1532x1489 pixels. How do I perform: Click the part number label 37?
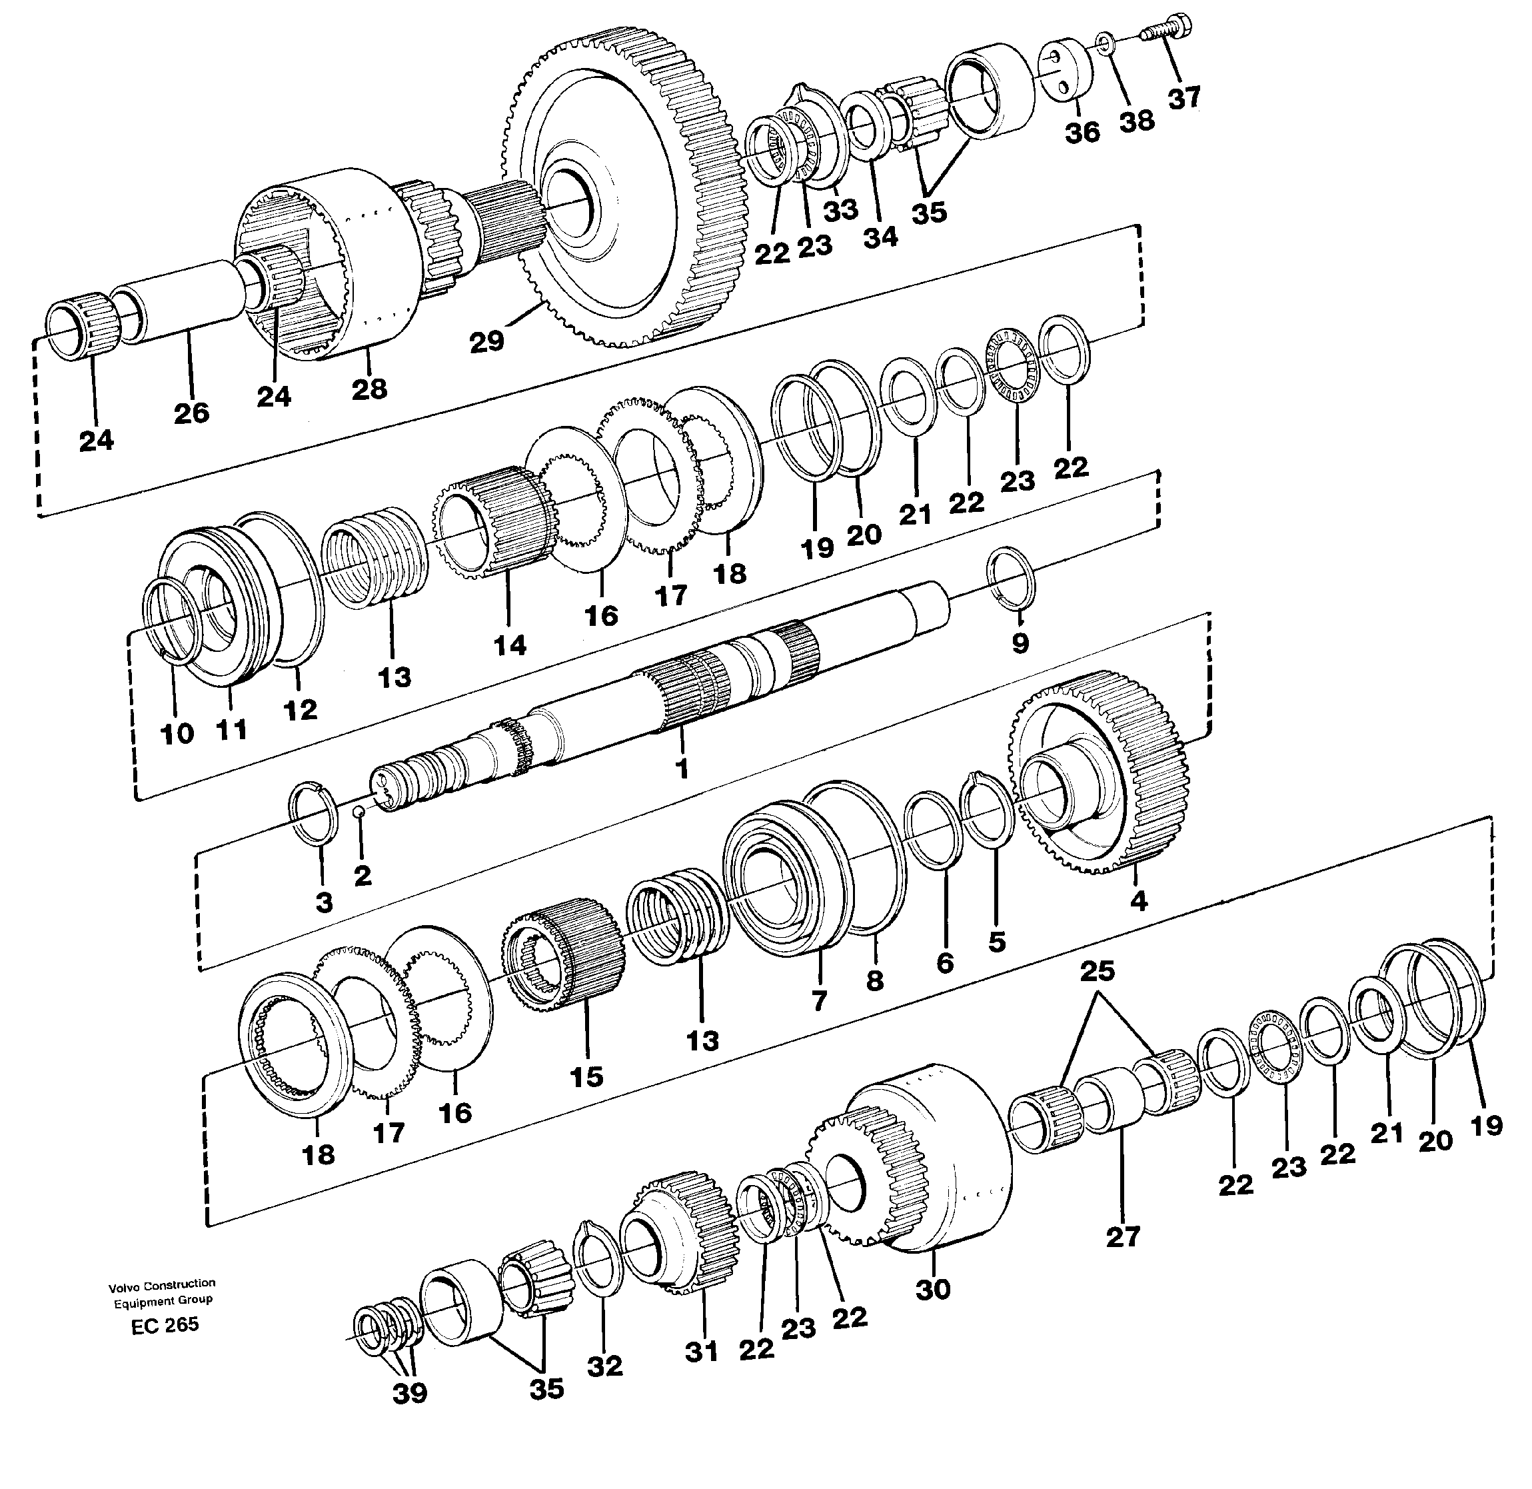coord(1184,99)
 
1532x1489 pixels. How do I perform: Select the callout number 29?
coord(486,341)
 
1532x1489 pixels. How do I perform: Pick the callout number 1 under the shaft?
coord(682,768)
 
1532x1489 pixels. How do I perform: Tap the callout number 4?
coord(1139,901)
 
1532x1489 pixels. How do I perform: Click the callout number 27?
coord(1123,1237)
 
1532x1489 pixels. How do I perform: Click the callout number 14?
coord(510,645)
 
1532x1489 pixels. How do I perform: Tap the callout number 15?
coord(586,1076)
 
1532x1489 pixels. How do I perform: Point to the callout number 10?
coord(177,734)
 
